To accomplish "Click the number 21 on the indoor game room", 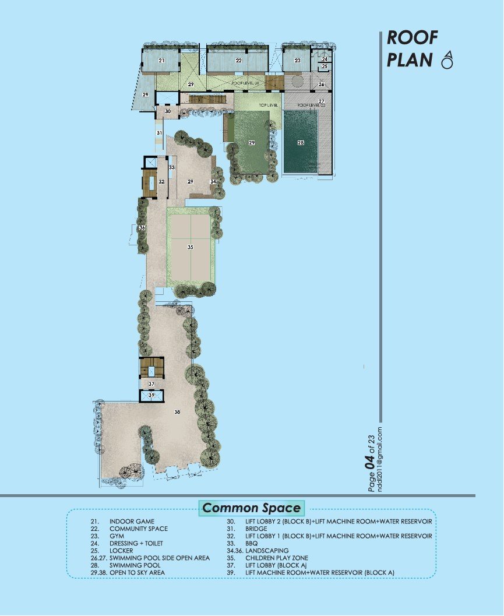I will point(161,61).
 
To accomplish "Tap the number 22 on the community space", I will point(238,61).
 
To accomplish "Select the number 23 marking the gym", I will point(297,61).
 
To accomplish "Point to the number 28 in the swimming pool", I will point(301,143).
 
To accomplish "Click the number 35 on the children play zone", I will point(190,247).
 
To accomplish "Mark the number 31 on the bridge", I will point(158,133).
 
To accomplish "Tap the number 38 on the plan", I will point(177,412).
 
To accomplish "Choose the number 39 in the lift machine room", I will point(151,395).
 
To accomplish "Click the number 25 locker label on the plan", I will point(325,66).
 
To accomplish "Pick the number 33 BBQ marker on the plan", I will point(172,167).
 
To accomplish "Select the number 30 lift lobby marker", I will point(167,111).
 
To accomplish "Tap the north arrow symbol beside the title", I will point(447,60).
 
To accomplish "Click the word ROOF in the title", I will point(413,38).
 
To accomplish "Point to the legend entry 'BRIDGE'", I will point(256,529).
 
